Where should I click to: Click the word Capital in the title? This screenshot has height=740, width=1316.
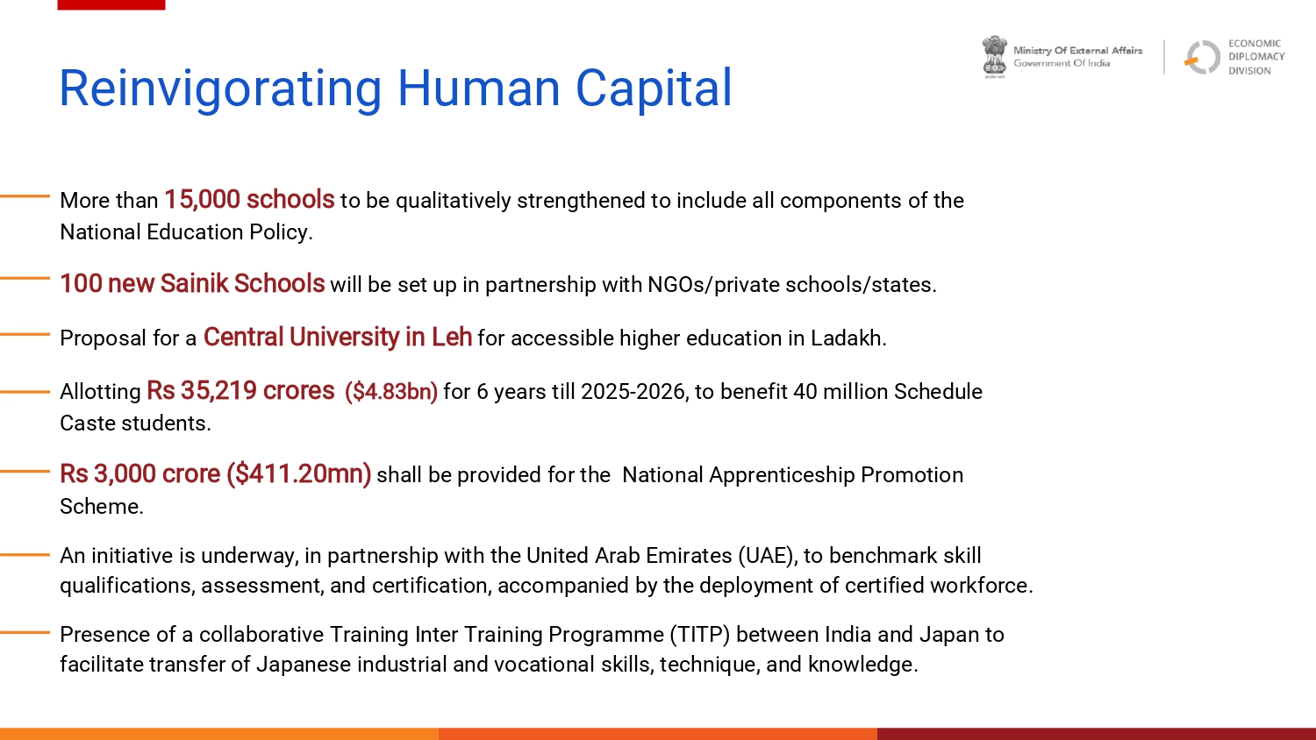(654, 89)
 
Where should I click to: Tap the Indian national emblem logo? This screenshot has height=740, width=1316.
(995, 57)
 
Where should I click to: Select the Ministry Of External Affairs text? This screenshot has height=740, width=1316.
(1078, 51)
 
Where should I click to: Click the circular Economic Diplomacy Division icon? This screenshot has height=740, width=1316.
(1202, 57)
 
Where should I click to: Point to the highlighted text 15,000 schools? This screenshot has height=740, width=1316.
(249, 200)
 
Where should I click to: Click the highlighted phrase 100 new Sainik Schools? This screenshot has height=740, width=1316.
(192, 284)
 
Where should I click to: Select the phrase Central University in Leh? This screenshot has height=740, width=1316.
(337, 338)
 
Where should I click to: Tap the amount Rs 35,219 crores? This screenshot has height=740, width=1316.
(240, 391)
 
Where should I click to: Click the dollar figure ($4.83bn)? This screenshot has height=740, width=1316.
(391, 392)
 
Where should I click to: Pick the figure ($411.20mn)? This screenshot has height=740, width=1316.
(299, 474)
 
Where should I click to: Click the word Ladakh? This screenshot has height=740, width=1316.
(848, 338)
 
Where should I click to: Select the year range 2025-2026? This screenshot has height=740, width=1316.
(634, 392)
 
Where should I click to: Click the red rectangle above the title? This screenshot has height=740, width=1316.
(111, 4)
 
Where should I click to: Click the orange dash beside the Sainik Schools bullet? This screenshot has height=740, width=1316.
(25, 279)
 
